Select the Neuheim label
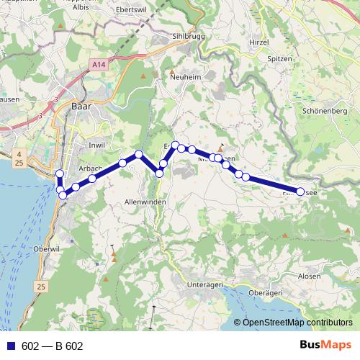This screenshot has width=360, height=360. [184, 76]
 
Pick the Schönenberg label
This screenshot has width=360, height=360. [325, 112]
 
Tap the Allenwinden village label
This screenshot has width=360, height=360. [145, 202]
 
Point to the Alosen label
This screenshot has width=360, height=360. [309, 276]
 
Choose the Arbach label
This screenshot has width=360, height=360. [89, 168]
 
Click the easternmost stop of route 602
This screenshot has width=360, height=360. [301, 192]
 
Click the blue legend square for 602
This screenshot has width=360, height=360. [11, 346]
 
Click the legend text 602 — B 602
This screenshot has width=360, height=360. [53, 346]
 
